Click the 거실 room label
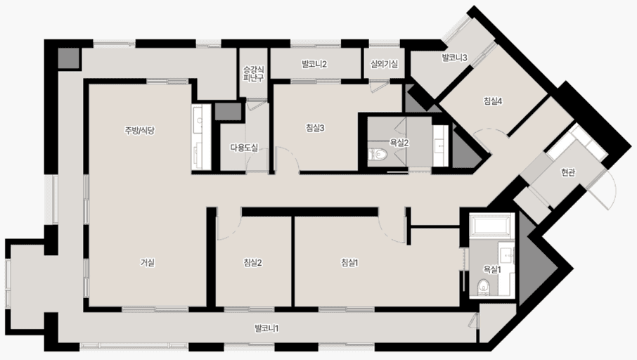[x=148, y=263]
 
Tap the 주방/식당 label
[x=139, y=130]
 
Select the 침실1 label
[x=349, y=263]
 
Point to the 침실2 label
[x=252, y=263]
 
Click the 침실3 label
[x=315, y=128]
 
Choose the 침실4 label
[x=493, y=101]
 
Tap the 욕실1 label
[x=492, y=269]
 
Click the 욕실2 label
[x=399, y=143]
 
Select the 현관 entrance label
[x=568, y=173]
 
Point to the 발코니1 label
[x=266, y=328]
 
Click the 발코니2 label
[x=314, y=64]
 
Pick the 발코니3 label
[x=455, y=58]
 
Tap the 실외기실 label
[x=384, y=64]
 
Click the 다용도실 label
[x=244, y=148]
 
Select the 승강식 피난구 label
[x=254, y=74]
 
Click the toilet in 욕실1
[x=484, y=287]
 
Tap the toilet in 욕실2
[x=378, y=154]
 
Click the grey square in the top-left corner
[x=67, y=58]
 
